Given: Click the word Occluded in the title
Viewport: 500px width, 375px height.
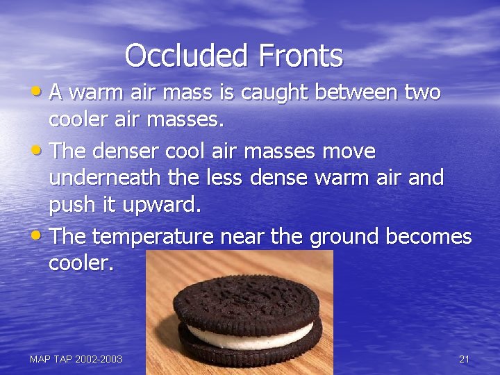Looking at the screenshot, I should click(x=181, y=56).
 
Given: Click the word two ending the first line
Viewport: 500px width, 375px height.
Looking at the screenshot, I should click(x=421, y=92).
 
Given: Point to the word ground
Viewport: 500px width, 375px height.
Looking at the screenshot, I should click(x=343, y=237).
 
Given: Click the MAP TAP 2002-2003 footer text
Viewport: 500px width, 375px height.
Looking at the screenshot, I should click(x=76, y=359).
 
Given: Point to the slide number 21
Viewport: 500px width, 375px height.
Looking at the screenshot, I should click(x=464, y=359).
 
